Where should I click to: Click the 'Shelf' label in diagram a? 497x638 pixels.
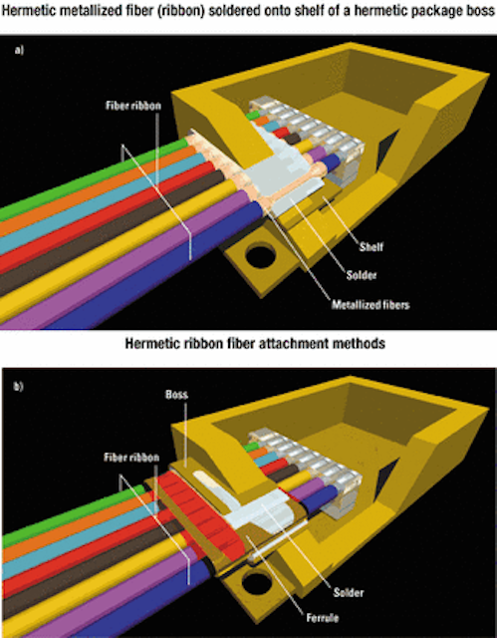tap(372, 246)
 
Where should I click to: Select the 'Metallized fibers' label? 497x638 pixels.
tap(370, 305)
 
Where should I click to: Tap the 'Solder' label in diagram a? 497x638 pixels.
tap(362, 275)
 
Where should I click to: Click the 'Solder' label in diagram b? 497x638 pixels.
tap(349, 592)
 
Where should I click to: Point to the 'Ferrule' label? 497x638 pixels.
tap(323, 618)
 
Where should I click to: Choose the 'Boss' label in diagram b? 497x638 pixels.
tap(176, 395)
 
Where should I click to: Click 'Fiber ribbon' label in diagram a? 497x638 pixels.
tap(133, 106)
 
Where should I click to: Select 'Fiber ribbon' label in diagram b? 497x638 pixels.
tap(131, 458)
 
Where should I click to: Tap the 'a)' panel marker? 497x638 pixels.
tap(19, 51)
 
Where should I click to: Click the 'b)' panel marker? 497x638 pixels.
tap(19, 386)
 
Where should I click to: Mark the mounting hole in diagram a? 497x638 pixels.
tap(261, 255)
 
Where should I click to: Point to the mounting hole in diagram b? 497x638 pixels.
tap(257, 583)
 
